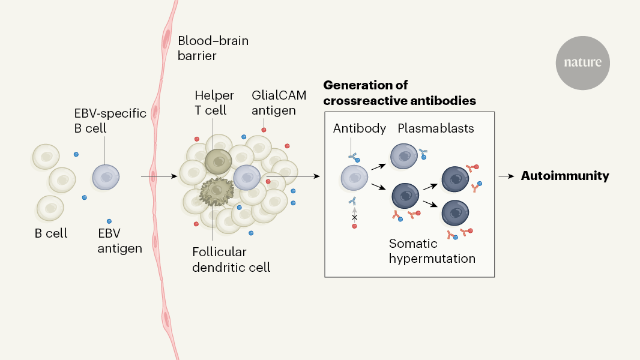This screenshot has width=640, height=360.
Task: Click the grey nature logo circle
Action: click(582, 63)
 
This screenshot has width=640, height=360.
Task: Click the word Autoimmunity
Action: click(565, 176)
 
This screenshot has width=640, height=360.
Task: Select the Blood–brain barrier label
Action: click(213, 49)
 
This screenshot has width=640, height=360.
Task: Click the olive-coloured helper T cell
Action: click(218, 161)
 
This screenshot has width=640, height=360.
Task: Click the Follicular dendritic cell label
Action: click(231, 259)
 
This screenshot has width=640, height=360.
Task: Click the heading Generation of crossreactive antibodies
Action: click(399, 93)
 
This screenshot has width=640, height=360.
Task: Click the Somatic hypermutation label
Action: click(432, 251)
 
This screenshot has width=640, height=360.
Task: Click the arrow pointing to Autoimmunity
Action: click(507, 176)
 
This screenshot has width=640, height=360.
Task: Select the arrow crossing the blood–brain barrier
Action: click(159, 176)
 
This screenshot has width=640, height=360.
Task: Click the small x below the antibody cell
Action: click(354, 217)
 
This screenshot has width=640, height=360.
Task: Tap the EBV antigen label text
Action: click(119, 241)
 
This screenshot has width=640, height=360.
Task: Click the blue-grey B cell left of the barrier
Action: click(106, 178)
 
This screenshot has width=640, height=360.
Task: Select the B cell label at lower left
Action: click(51, 233)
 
